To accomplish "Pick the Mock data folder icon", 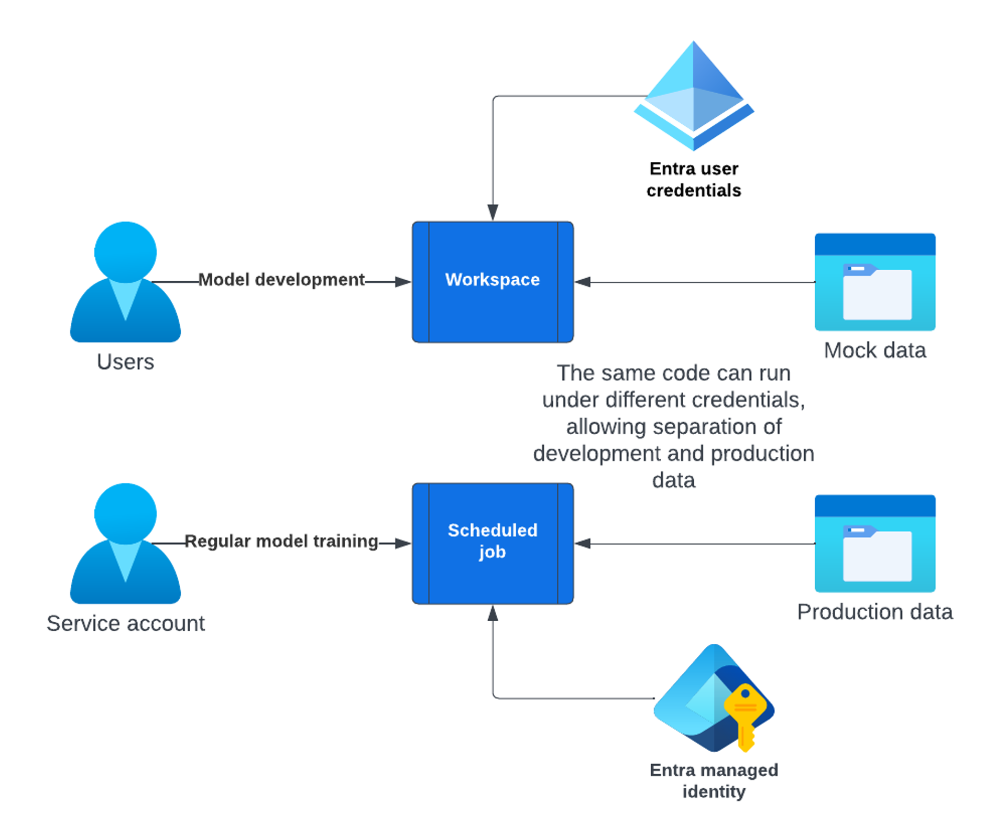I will [x=874, y=283].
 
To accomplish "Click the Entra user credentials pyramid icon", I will [x=693, y=97].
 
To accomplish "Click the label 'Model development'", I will [x=281, y=280].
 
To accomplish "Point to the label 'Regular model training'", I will [x=281, y=541].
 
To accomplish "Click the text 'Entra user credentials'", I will [x=693, y=180].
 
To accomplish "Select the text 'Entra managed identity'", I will [x=714, y=780].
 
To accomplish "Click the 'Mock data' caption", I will [x=874, y=350].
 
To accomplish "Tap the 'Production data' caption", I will [x=874, y=612].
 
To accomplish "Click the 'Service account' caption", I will [x=125, y=623].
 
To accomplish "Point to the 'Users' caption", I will [x=125, y=362].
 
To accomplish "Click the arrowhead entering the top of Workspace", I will [x=493, y=213].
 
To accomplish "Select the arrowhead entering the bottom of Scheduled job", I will [x=493, y=613].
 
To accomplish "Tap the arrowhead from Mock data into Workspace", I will [x=583, y=282].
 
